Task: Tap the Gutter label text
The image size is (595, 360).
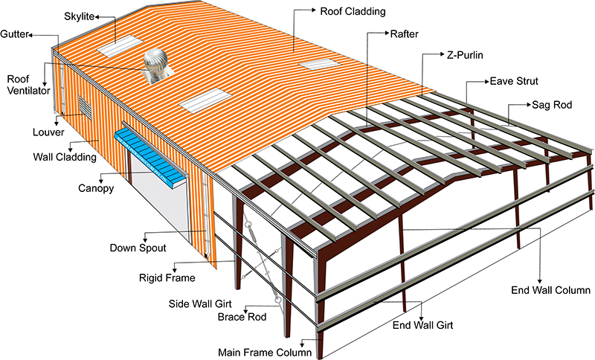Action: (x=16, y=34)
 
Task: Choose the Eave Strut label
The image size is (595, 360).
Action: (x=513, y=80)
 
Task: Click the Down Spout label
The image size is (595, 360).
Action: (x=137, y=248)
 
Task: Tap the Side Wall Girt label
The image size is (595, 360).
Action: (x=199, y=304)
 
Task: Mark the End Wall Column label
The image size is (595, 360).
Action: (x=550, y=290)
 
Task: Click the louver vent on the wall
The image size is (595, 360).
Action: (x=85, y=108)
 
